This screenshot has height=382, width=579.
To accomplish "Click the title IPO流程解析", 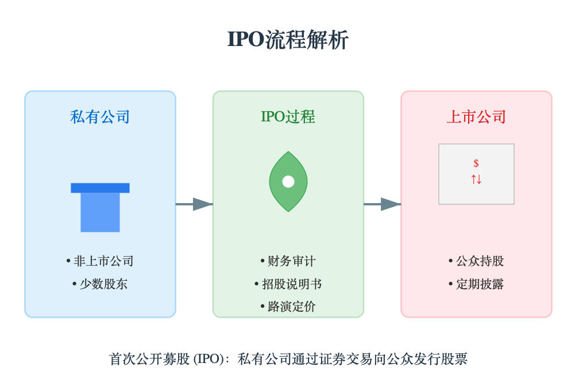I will (x=288, y=40).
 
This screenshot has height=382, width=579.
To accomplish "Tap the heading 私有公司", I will (x=100, y=117).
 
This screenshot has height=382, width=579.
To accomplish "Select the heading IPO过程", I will (x=288, y=117).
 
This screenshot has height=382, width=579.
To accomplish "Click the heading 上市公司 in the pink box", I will (x=476, y=117).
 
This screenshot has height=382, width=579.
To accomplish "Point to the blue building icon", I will (x=100, y=211).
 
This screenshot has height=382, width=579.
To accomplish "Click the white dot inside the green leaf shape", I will (x=288, y=182).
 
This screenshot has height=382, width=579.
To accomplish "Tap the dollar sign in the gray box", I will (x=476, y=163).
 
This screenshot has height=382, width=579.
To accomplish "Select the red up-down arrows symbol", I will (x=476, y=179).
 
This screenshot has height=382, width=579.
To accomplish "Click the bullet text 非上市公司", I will (x=103, y=261).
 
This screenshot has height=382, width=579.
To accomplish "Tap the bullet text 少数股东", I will (x=103, y=284).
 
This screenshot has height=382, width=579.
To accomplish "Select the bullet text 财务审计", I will (x=291, y=261).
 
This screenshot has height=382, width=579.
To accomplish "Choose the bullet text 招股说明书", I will (x=291, y=284).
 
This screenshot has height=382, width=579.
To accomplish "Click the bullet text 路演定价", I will (x=291, y=307).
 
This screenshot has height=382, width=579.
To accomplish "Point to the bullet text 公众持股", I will (x=480, y=261).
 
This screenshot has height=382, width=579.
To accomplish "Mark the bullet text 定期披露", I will (x=480, y=284).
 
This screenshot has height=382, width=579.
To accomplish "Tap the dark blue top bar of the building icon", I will (x=100, y=188).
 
